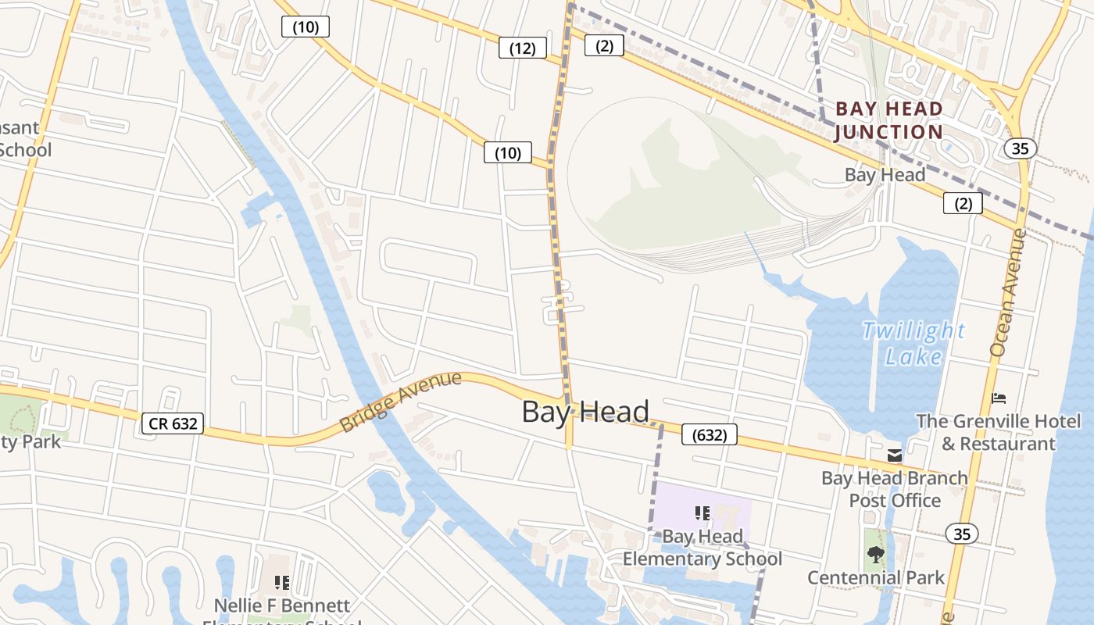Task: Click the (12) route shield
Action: click(522, 48)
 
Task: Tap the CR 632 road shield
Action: click(173, 423)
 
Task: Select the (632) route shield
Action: click(709, 434)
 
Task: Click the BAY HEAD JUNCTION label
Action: click(889, 120)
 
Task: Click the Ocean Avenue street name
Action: click(1007, 293)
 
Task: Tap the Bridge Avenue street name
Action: click(401, 402)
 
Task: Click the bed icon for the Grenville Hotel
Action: click(999, 398)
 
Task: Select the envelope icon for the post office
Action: click(895, 455)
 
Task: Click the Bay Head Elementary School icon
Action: click(702, 513)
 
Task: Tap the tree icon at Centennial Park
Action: click(875, 555)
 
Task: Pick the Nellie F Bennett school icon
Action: click(282, 583)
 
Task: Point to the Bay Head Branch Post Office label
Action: click(894, 488)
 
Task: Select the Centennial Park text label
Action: click(875, 578)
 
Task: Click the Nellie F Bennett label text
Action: click(282, 605)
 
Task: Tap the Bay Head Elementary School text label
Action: click(702, 548)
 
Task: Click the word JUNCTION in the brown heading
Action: click(889, 131)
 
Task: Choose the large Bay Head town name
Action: click(585, 412)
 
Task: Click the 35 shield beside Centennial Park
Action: click(961, 534)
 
